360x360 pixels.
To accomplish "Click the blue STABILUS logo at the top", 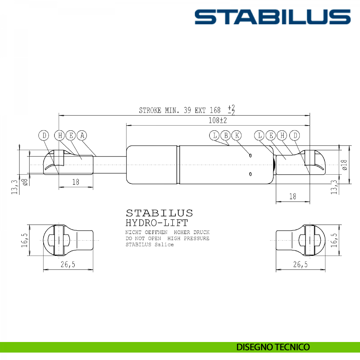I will click(x=272, y=17).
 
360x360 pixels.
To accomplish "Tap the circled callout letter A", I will click(x=82, y=136).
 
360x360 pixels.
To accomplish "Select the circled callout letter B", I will click(x=226, y=136).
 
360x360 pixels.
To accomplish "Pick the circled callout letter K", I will click(x=237, y=136).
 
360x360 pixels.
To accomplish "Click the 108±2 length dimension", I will click(x=217, y=121).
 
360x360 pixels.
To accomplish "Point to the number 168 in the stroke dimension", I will click(x=215, y=110).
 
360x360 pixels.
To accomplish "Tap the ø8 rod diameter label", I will click(x=25, y=182).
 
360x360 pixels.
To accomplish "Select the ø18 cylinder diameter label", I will click(x=344, y=165).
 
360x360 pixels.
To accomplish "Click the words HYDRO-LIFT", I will click(x=157, y=223).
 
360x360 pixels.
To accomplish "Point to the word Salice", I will click(x=164, y=244).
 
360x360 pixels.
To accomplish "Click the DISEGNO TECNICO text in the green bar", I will click(x=273, y=347).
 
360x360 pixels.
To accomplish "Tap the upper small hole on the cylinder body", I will click(x=250, y=155).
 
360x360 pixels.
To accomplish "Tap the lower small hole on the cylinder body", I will click(x=250, y=174).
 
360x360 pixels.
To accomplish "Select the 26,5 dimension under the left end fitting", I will click(x=68, y=264).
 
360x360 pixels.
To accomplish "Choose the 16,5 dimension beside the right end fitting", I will click(x=334, y=240).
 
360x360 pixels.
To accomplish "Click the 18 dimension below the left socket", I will click(x=76, y=182).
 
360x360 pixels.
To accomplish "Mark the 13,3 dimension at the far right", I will click(x=334, y=187).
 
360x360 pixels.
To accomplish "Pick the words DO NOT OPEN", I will click(x=143, y=238).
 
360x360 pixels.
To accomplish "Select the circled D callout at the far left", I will click(x=44, y=136).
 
